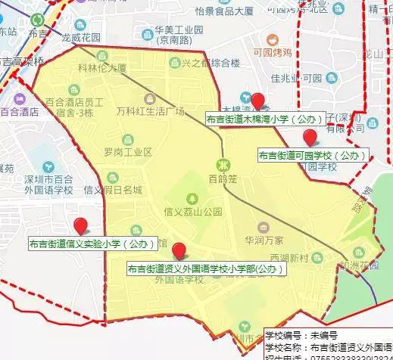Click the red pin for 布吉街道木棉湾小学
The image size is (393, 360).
(x=258, y=101)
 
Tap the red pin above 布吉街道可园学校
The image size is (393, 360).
(x=310, y=137)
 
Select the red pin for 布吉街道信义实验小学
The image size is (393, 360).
(x=80, y=225)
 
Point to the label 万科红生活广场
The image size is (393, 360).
(x=151, y=112)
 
